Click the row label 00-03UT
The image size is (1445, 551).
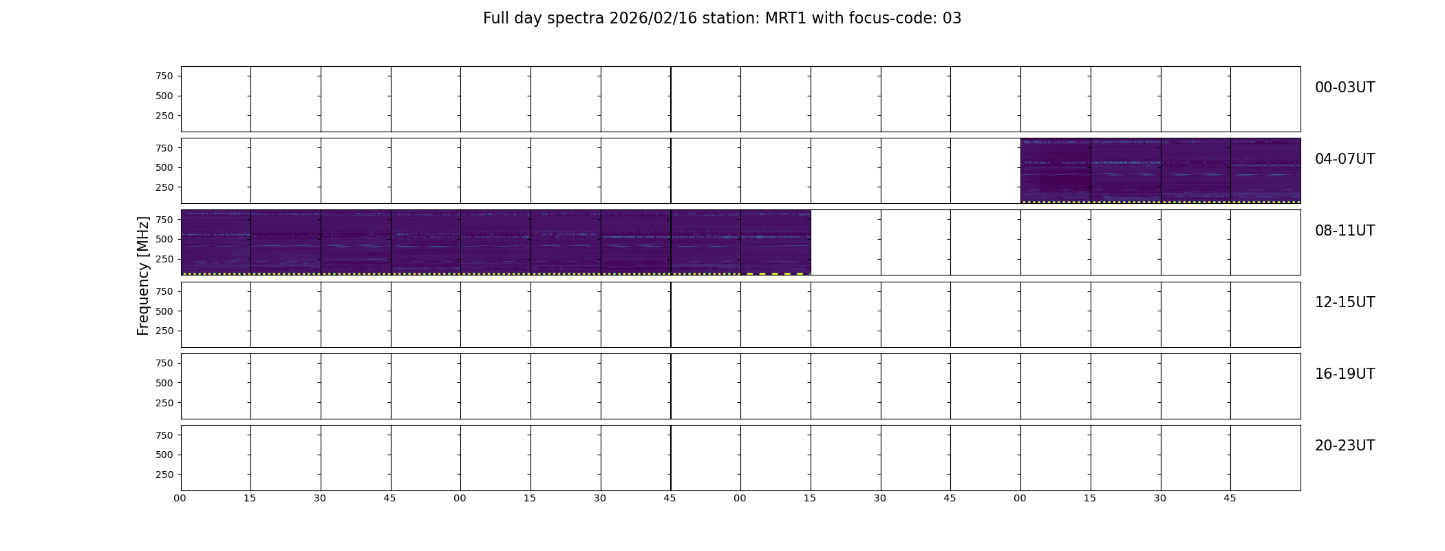pyautogui.click(x=1345, y=87)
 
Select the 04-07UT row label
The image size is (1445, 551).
pyautogui.click(x=1345, y=159)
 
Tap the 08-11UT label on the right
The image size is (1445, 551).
pyautogui.click(x=1345, y=231)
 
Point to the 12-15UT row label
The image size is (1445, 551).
pyautogui.click(x=1345, y=302)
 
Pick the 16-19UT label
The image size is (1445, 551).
pyautogui.click(x=1345, y=374)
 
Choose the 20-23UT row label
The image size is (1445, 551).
pyautogui.click(x=1345, y=446)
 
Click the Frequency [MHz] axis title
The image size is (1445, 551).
pyautogui.click(x=143, y=275)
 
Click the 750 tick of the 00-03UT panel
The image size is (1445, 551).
pyautogui.click(x=164, y=76)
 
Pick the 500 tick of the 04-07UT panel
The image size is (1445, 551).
pyautogui.click(x=164, y=167)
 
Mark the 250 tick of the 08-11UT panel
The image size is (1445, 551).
pyautogui.click(x=164, y=259)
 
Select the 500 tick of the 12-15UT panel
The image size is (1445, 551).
pyautogui.click(x=164, y=311)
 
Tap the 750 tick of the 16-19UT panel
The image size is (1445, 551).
pyautogui.click(x=164, y=363)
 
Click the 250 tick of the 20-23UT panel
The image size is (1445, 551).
pyautogui.click(x=164, y=475)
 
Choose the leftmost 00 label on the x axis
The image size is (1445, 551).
pyautogui.click(x=180, y=498)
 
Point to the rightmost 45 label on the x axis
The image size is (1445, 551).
pyautogui.click(x=1230, y=498)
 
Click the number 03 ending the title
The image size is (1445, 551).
pyautogui.click(x=952, y=19)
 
